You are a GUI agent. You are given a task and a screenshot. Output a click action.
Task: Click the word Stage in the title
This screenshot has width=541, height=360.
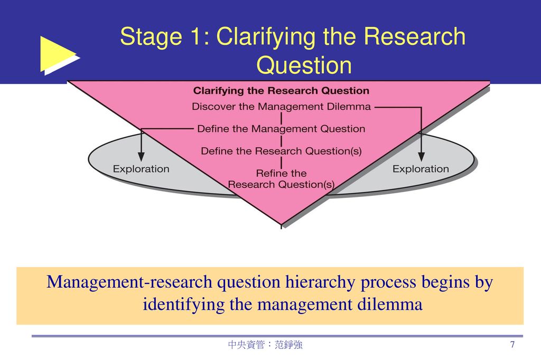[151, 36]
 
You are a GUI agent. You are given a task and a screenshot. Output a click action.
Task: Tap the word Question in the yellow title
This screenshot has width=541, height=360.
[304, 65]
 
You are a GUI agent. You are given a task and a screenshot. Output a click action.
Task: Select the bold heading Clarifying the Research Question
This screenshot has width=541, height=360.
[281, 91]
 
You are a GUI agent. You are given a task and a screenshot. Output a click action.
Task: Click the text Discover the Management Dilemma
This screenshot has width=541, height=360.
[281, 107]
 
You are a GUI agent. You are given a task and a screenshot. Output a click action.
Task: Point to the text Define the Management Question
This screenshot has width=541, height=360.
[281, 129]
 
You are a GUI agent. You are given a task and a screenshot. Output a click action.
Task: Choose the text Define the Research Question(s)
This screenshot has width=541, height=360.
[281, 151]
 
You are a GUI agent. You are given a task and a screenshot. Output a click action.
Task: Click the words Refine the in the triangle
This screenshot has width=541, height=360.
[281, 173]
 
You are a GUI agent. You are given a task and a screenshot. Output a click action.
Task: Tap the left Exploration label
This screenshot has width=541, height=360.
[141, 169]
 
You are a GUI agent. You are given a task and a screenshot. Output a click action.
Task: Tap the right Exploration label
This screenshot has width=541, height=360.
[421, 169]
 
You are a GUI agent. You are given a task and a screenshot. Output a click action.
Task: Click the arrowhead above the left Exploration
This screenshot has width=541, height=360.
[141, 156]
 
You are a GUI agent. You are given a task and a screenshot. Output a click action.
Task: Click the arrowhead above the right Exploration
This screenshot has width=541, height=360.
[421, 156]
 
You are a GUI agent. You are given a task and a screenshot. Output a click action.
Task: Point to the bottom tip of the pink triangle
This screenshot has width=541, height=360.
[281, 225]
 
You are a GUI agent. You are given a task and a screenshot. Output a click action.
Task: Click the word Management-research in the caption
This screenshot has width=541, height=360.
[129, 282]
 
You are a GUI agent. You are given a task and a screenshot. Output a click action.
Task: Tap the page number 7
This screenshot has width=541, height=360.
[512, 344]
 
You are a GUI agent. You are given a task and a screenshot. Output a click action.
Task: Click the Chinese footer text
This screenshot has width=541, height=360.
[265, 345]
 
